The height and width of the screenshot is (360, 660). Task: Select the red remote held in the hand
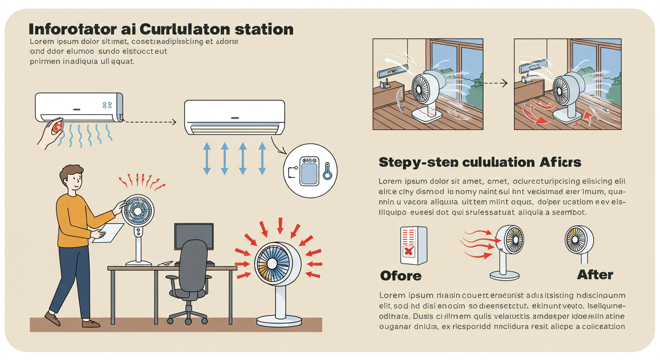point(57,127)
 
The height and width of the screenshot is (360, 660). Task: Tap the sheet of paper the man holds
point(107,232)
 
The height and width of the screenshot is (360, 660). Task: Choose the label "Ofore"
point(401,275)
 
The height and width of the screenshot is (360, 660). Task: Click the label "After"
point(595,275)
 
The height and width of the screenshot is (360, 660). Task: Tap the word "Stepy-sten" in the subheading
point(414,162)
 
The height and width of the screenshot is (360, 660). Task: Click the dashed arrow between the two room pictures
point(495,83)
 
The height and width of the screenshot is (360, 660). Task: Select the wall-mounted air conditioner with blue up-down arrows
point(234,117)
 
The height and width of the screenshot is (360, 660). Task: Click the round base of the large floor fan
point(279,320)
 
